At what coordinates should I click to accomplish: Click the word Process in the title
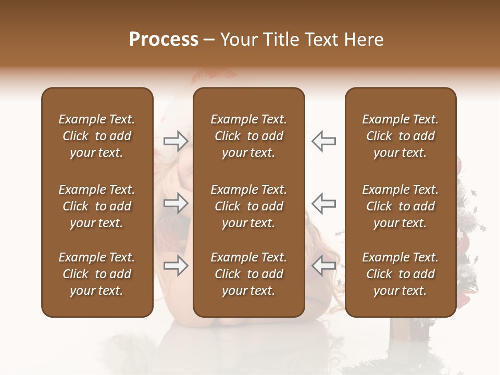pos(164,40)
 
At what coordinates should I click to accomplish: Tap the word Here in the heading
pos(364,40)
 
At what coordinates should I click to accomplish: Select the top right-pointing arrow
pos(176,141)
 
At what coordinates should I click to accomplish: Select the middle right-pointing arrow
pos(176,203)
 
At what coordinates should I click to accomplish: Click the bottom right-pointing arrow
pos(176,266)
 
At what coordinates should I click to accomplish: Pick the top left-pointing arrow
pos(323,141)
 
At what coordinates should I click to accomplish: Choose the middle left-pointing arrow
pos(323,203)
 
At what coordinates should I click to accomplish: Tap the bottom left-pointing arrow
pos(323,266)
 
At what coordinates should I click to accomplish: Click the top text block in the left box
pos(97,136)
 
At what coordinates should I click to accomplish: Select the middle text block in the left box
pos(97,206)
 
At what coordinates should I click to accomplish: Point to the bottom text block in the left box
pos(97,274)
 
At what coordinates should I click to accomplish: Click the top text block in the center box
pos(248,136)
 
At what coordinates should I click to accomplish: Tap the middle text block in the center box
pos(248,206)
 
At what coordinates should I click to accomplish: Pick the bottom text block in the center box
pos(248,274)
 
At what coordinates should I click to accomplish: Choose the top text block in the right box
pos(400,136)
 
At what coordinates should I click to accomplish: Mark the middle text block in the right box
pos(400,206)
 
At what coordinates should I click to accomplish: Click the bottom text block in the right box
pos(400,274)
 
